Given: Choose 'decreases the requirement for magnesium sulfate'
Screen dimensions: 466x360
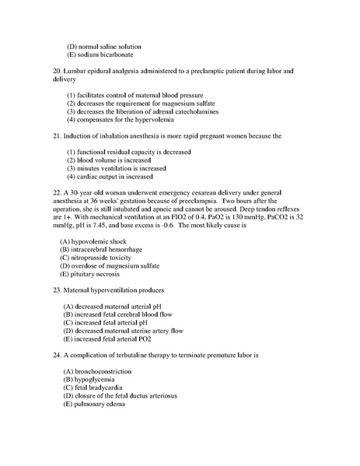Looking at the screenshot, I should tap(140, 103).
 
